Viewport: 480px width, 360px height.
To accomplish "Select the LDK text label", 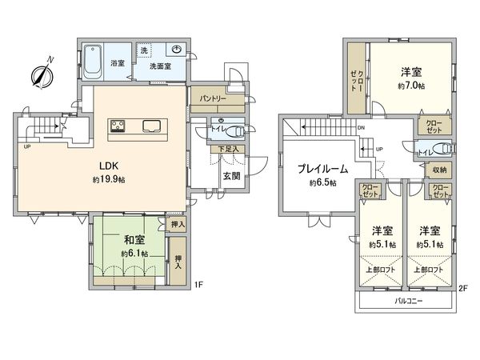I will [110, 166].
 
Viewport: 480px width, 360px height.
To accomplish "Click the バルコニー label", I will [409, 302].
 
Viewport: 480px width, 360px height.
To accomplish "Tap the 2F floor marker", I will [463, 288].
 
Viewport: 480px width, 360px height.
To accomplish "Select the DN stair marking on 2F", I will [361, 128].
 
